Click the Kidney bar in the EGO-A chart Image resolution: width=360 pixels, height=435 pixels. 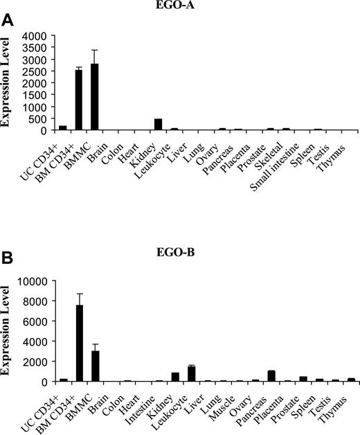[158, 125]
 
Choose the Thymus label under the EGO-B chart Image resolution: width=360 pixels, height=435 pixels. [336, 401]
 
